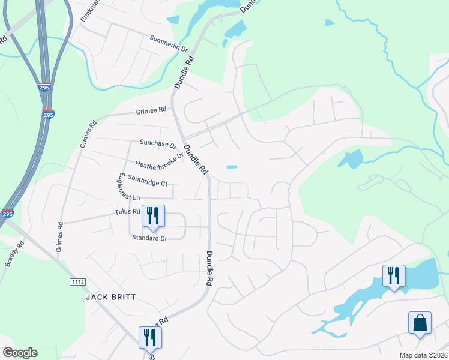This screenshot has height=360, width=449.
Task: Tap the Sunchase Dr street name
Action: click(157, 144)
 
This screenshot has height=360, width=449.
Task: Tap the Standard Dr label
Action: click(149, 238)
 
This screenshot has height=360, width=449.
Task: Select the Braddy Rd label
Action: click(12, 253)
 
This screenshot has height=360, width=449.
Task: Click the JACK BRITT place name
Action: click(111, 297)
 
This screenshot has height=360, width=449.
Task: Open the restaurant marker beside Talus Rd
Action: click(152, 215)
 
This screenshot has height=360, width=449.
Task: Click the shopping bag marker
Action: click(420, 322)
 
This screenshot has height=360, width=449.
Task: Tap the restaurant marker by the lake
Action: click(394, 275)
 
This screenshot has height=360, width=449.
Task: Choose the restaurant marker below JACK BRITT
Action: click(150, 337)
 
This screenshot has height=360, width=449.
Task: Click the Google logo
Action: click(20, 353)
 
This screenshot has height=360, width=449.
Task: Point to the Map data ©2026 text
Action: click(423, 355)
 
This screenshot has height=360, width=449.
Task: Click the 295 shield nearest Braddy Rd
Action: click(7, 214)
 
